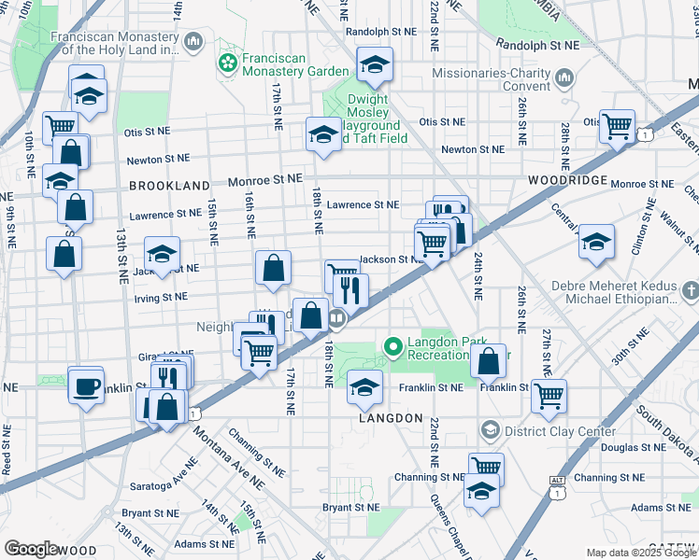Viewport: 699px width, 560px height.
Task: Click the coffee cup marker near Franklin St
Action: [86, 386]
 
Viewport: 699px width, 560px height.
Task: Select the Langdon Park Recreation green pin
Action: [393, 348]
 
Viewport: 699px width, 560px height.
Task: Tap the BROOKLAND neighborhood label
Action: [169, 186]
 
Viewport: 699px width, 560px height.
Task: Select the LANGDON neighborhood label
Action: [392, 419]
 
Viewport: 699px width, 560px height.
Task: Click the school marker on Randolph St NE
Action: [375, 65]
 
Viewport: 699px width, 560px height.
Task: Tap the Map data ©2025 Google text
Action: [641, 553]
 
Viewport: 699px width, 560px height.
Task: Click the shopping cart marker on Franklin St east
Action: [549, 396]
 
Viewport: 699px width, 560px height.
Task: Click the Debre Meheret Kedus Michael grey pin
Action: [690, 292]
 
